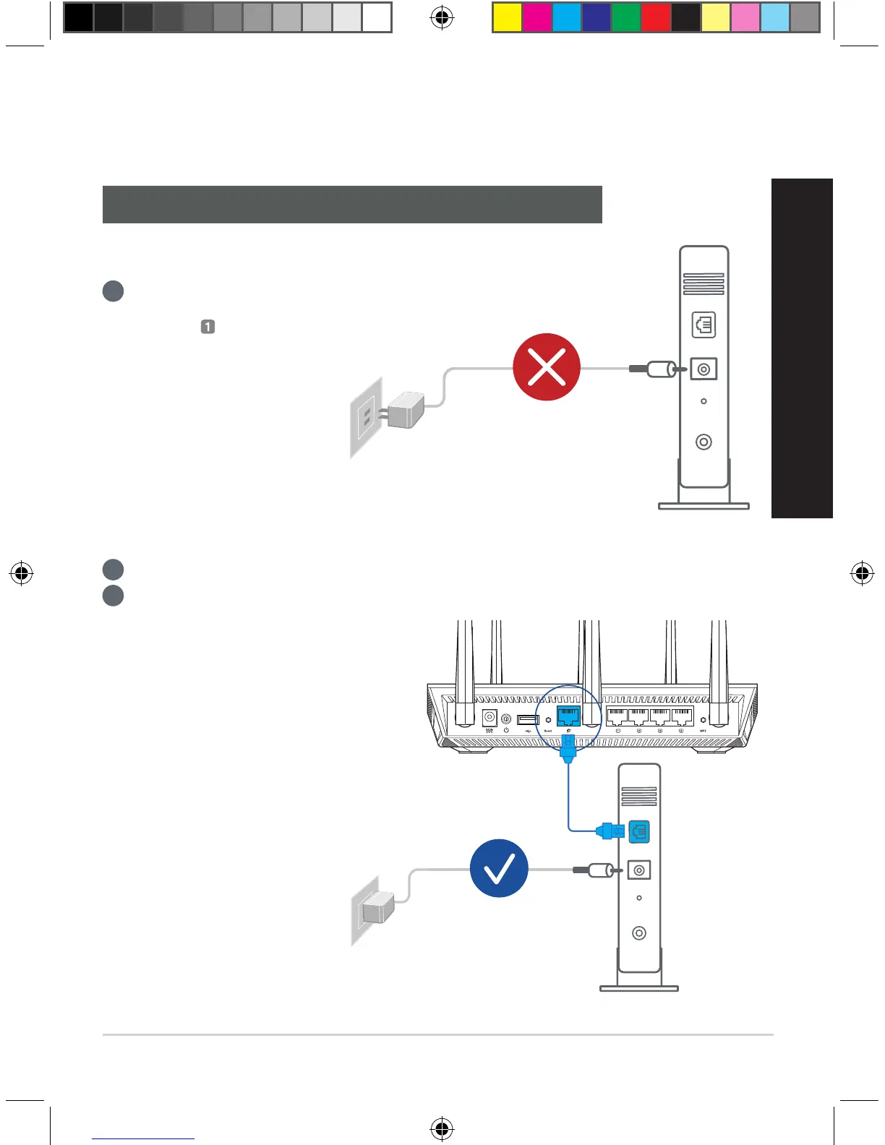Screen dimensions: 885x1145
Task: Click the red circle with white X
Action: (x=547, y=367)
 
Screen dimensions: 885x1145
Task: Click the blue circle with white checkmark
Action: (x=499, y=868)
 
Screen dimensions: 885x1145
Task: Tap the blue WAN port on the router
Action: (x=568, y=716)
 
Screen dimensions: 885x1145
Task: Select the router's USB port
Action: (x=528, y=720)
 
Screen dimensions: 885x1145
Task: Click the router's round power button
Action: (x=506, y=719)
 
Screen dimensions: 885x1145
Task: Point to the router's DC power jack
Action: (x=489, y=719)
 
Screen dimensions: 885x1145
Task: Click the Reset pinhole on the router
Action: (x=548, y=720)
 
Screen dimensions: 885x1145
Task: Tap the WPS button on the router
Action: (x=703, y=720)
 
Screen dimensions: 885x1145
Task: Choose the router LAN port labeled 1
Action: (x=617, y=717)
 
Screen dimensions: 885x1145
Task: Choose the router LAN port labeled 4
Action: (x=682, y=717)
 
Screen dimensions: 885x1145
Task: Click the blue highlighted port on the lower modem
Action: (x=639, y=831)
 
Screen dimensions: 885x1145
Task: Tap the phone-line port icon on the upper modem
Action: (x=704, y=325)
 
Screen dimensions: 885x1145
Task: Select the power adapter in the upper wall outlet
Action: (x=405, y=411)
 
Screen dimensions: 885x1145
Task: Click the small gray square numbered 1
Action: (x=208, y=327)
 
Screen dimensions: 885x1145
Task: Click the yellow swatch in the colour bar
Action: (x=507, y=18)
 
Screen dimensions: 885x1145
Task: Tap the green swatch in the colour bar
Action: (x=626, y=18)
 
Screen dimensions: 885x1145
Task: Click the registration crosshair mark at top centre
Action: (x=442, y=18)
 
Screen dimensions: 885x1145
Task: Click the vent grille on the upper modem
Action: (x=704, y=284)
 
